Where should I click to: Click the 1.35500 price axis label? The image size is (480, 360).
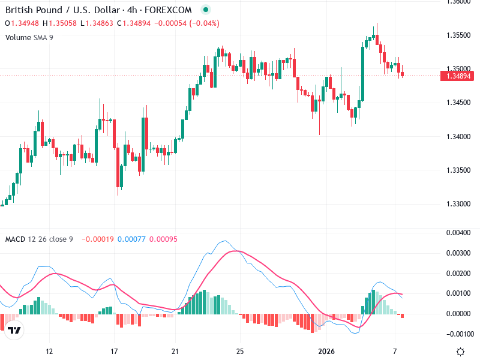pos(459,35)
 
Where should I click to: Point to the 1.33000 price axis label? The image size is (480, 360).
pos(459,204)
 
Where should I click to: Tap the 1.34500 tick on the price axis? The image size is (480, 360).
pos(459,103)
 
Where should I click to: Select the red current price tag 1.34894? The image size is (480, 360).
pos(459,76)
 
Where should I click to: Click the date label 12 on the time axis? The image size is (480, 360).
pos(49,351)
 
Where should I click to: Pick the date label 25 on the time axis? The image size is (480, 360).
pos(239,351)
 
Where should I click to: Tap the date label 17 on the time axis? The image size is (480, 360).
pos(114,351)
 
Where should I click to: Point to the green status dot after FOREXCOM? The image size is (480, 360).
pos(206,10)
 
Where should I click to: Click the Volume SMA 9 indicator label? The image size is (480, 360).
pos(29,37)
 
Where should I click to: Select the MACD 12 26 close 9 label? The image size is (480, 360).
pos(39,239)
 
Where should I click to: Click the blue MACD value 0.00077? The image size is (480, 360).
pos(128,239)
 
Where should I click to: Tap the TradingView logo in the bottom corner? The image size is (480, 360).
pos(15,331)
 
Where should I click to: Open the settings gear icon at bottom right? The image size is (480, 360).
pos(460,352)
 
